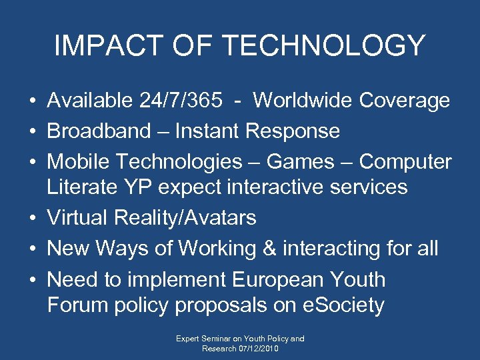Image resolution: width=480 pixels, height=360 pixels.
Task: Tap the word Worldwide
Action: [x=303, y=101]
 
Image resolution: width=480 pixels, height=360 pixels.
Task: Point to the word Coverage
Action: [x=405, y=101]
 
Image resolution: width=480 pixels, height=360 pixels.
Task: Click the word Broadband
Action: [x=99, y=131]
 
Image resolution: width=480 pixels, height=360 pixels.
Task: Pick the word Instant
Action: [x=208, y=131]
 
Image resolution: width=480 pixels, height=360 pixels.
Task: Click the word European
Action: [x=280, y=279]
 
